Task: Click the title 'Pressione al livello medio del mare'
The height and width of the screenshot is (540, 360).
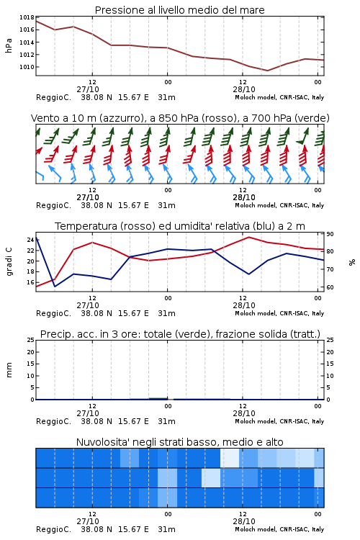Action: click(179, 10)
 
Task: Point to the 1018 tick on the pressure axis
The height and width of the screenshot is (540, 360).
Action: click(27, 17)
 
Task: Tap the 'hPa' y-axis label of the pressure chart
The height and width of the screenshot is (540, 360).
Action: click(9, 45)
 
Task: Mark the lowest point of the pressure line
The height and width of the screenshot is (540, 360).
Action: click(267, 71)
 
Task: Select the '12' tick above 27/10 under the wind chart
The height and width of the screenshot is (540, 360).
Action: click(92, 190)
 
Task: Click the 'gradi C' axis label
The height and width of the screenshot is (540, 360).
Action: click(9, 261)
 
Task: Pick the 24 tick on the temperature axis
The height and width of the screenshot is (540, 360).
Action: click(30, 240)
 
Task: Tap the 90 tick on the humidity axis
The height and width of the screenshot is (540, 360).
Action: click(330, 234)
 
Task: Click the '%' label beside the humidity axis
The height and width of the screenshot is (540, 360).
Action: click(352, 262)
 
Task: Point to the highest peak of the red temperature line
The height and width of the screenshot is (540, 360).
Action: click(248, 237)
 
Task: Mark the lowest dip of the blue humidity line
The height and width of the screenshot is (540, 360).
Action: click(55, 287)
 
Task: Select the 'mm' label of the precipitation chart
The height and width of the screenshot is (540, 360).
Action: click(9, 369)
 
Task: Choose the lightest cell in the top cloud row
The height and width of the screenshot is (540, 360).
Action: click(230, 458)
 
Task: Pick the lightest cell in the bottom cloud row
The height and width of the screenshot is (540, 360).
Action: click(168, 498)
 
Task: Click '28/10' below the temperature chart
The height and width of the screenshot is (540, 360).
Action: click(244, 305)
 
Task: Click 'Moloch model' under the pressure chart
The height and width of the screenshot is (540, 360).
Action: click(255, 97)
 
